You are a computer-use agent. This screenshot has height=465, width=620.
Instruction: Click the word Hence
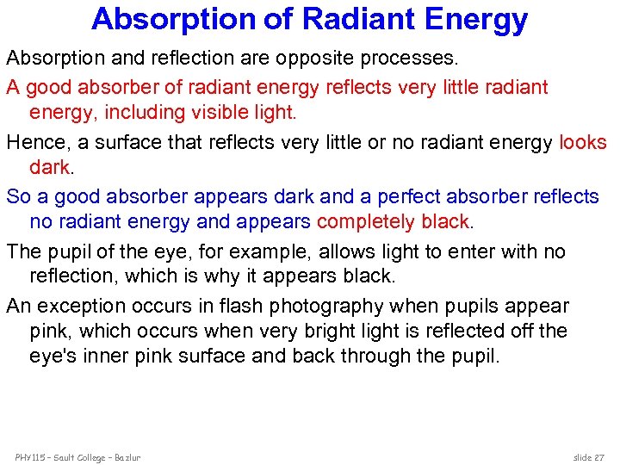point(34,142)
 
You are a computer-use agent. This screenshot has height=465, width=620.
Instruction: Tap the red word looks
point(583,142)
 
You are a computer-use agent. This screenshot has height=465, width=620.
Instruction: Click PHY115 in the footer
point(30,456)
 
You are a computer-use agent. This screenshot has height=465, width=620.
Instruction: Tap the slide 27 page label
point(590,456)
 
